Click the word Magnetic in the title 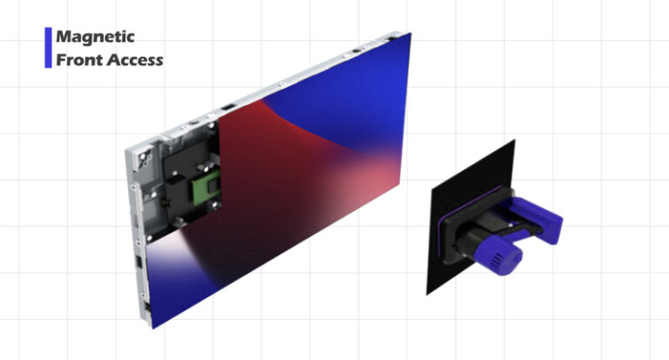[x=95, y=37]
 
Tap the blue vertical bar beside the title [x=48, y=48]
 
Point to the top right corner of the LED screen [x=410, y=34]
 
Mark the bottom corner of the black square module [x=428, y=293]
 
